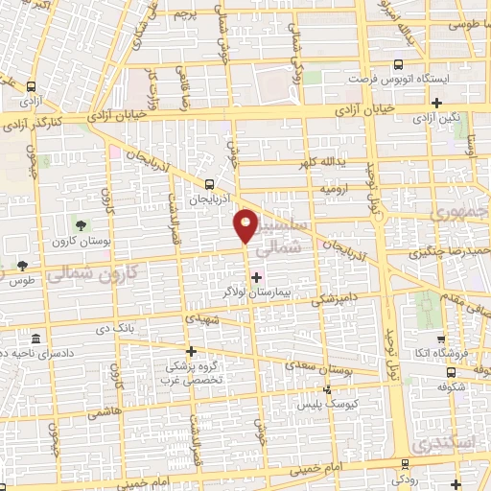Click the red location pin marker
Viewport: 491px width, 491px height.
pyautogui.click(x=245, y=226)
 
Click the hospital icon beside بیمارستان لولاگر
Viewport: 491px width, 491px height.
pyautogui.click(x=256, y=277)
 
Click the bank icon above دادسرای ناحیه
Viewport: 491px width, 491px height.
pyautogui.click(x=35, y=340)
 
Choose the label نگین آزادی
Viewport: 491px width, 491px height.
pyautogui.click(x=436, y=118)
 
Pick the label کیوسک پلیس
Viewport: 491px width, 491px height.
pyautogui.click(x=327, y=405)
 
